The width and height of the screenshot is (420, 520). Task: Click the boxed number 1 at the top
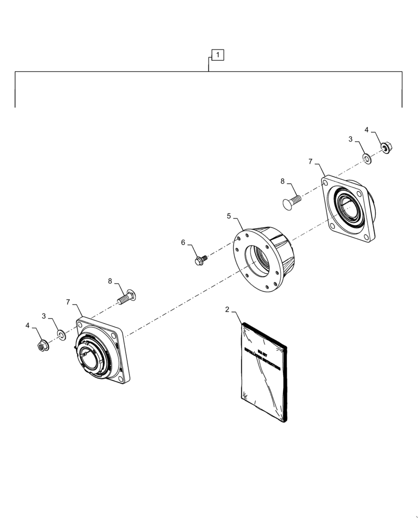(217, 55)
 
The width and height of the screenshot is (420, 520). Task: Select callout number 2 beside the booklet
(227, 309)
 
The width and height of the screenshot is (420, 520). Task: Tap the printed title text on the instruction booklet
(262, 359)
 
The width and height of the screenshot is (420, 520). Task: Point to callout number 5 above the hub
(228, 215)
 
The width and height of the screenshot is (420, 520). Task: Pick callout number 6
(183, 242)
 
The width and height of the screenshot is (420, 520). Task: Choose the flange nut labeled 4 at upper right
(386, 148)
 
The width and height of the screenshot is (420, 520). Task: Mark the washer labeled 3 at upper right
(367, 158)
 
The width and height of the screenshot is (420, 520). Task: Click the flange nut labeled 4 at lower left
(43, 345)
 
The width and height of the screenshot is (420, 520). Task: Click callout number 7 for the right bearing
(310, 162)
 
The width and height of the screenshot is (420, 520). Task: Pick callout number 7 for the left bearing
(69, 302)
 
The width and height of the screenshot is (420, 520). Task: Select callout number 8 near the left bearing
(110, 281)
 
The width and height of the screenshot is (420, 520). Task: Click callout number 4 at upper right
(366, 130)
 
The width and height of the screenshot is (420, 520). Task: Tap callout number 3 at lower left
(44, 316)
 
